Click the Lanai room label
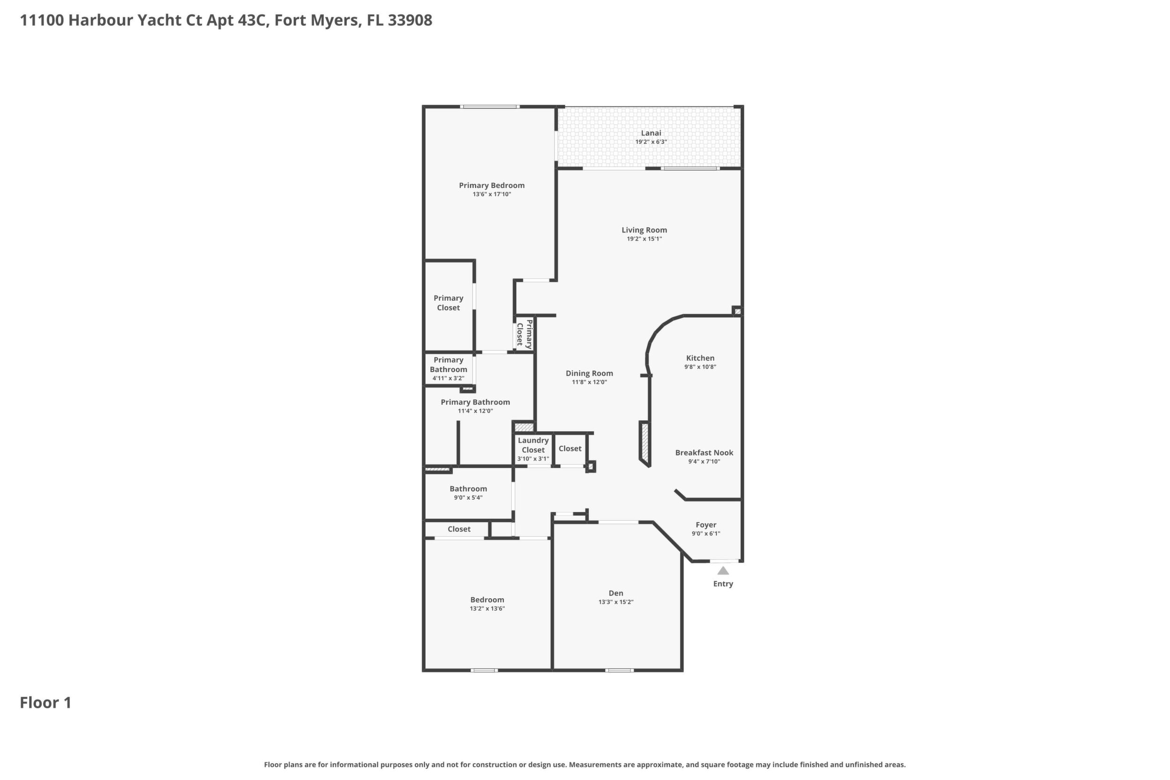coord(651,133)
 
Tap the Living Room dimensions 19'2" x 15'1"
coord(644,239)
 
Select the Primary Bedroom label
coord(491,186)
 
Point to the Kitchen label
coord(700,358)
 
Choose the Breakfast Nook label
coord(704,453)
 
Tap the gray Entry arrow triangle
coord(723,570)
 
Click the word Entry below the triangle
coord(723,584)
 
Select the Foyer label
coord(706,525)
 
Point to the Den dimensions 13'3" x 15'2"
coord(616,602)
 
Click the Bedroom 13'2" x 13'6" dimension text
coord(487,608)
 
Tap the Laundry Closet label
coord(533,445)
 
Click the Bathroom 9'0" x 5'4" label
coord(468,493)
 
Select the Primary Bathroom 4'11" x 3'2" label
coord(448,368)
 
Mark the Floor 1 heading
coord(46,703)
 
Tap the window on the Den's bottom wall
coord(619,670)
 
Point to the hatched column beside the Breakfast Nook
coord(645,444)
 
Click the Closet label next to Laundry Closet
coord(570,449)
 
